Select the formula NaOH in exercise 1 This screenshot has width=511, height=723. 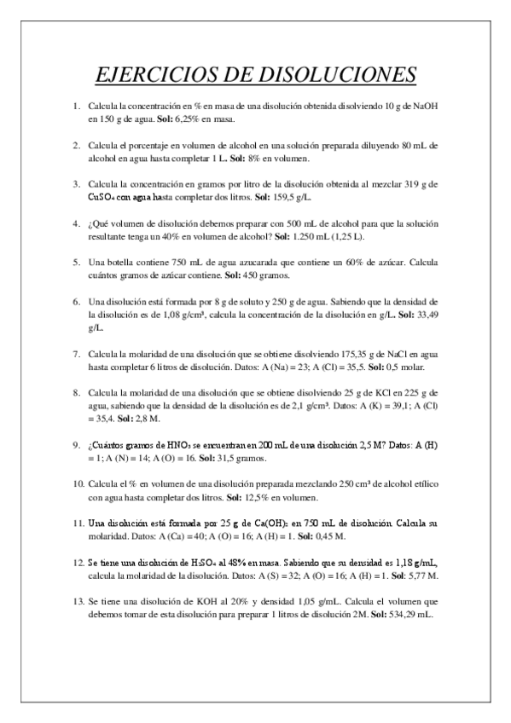(425, 106)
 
